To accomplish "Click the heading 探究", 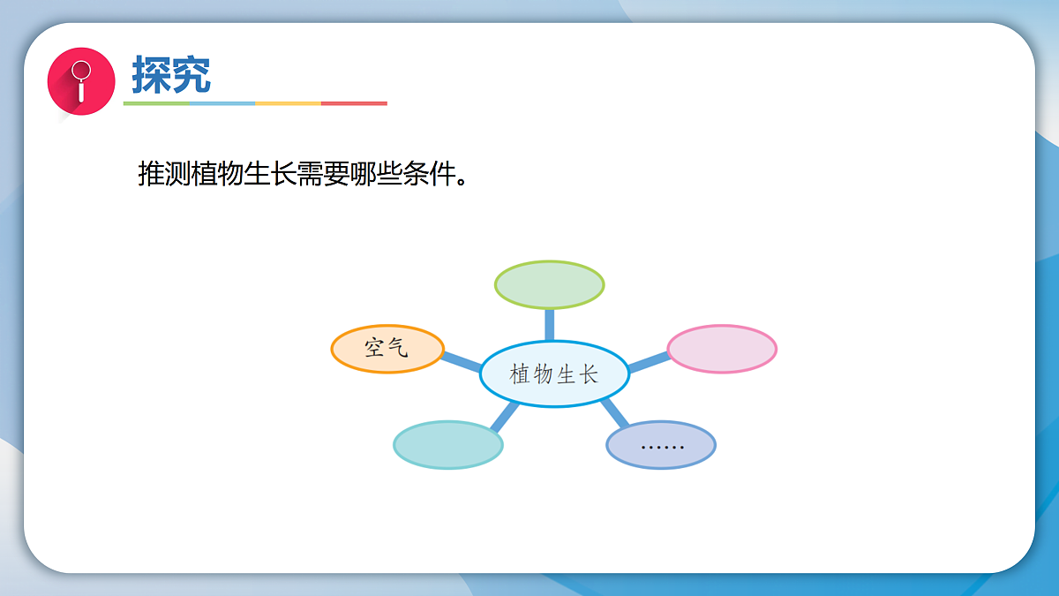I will click(171, 75).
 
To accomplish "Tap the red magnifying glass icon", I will click(81, 80).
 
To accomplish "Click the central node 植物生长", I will click(554, 374).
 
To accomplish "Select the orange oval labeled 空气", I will click(387, 349).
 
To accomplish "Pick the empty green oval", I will click(549, 284).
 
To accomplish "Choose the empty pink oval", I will click(721, 349).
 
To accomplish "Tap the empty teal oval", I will click(447, 444).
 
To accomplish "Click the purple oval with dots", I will click(661, 445).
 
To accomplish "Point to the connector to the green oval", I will click(550, 324).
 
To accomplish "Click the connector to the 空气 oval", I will click(461, 360).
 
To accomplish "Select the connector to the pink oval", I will click(649, 361).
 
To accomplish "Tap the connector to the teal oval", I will click(504, 416).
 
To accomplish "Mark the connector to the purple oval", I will click(615, 413).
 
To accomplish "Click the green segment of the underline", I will click(156, 103).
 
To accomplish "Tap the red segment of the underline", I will click(354, 103).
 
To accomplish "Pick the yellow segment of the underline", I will click(288, 103).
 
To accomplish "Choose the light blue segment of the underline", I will click(222, 103).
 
